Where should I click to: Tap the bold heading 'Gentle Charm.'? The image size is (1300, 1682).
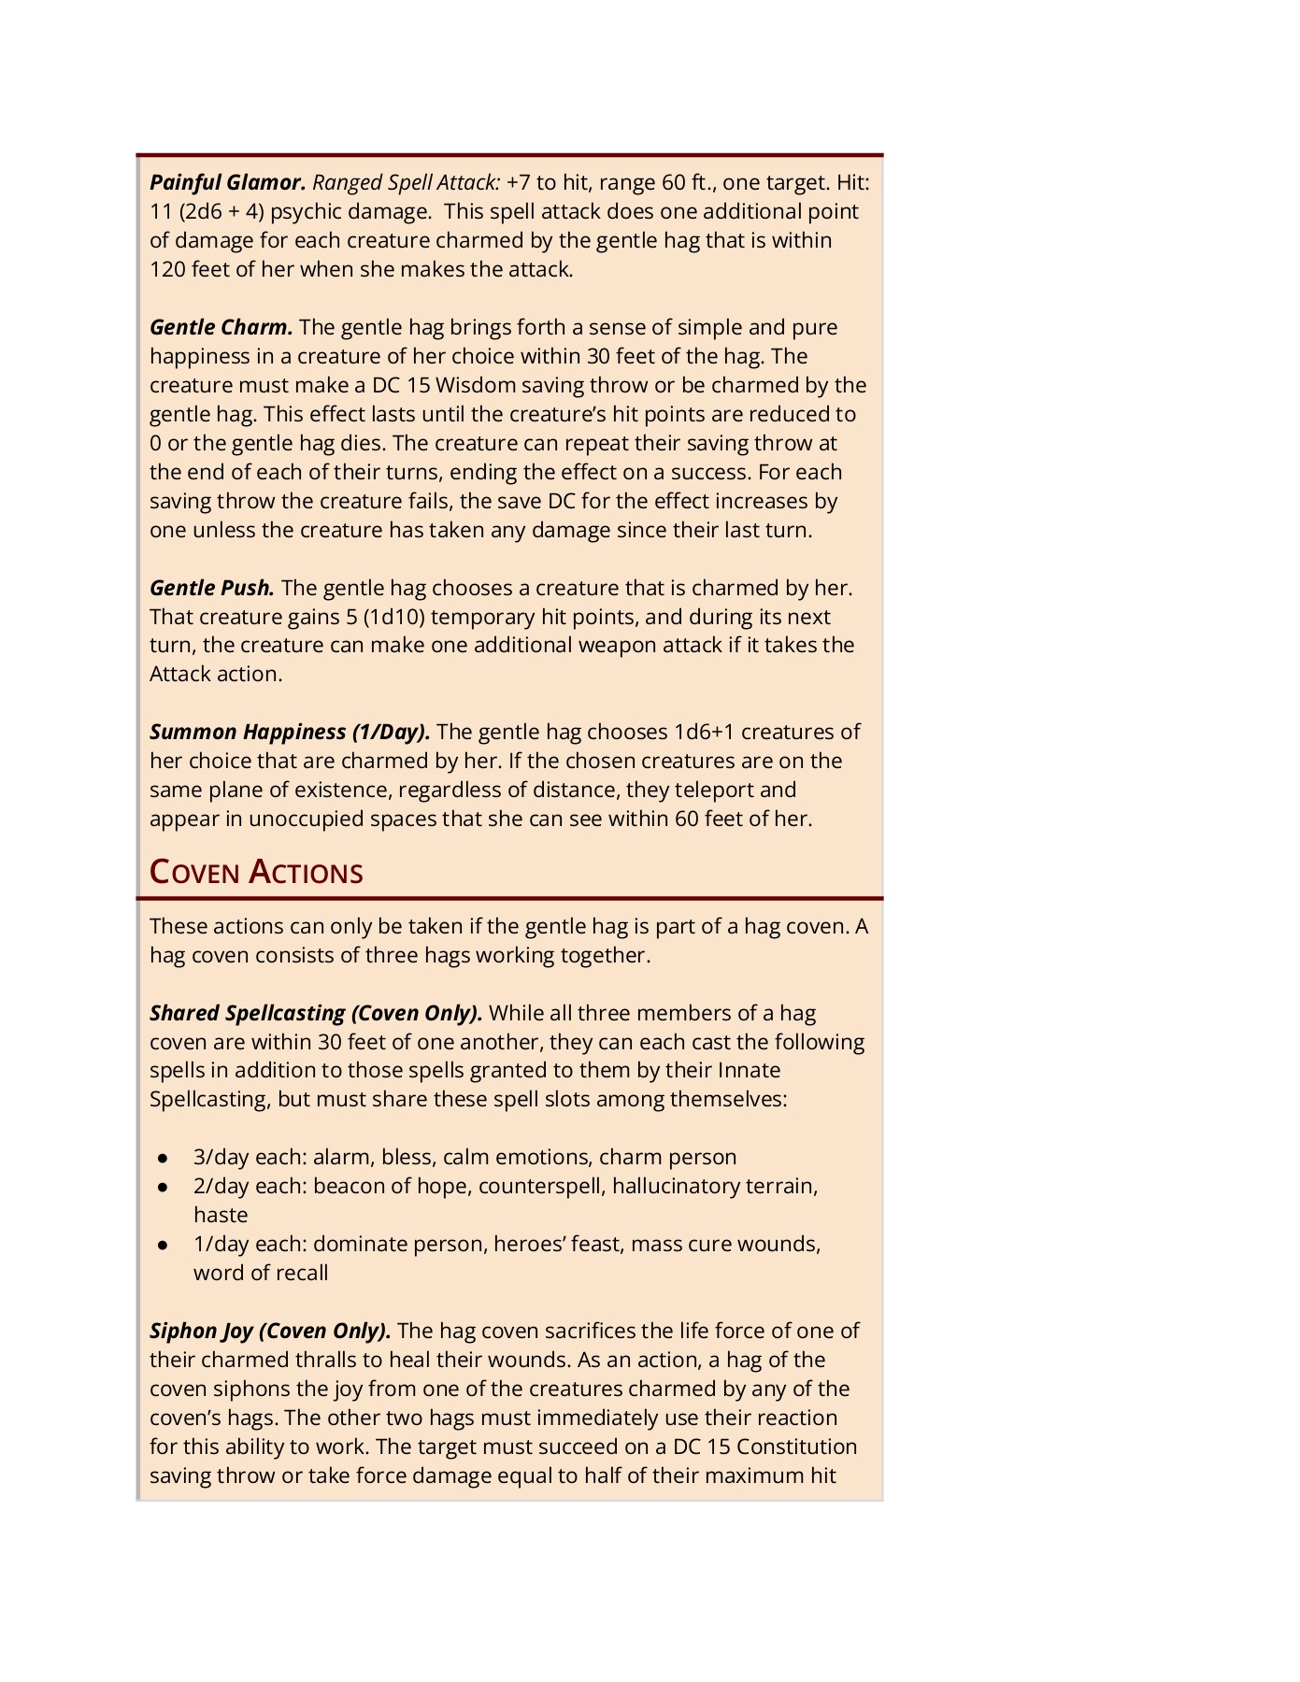coord(221,327)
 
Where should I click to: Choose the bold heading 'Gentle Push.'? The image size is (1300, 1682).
coord(212,588)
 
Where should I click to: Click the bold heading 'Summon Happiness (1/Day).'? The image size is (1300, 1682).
coord(290,732)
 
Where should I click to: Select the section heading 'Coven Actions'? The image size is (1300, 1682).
coord(256,872)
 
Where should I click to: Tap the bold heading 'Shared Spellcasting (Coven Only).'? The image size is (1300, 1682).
coord(316,1013)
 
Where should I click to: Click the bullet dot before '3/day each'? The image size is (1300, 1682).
coord(163,1158)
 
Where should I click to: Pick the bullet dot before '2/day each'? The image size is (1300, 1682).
coord(163,1187)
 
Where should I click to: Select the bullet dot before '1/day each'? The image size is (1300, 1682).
coord(163,1245)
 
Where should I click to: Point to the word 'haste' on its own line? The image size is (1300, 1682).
coord(221,1215)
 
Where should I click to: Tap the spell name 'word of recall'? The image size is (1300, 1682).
coord(261,1273)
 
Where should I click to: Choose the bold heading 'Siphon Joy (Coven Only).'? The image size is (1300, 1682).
coord(270,1331)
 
